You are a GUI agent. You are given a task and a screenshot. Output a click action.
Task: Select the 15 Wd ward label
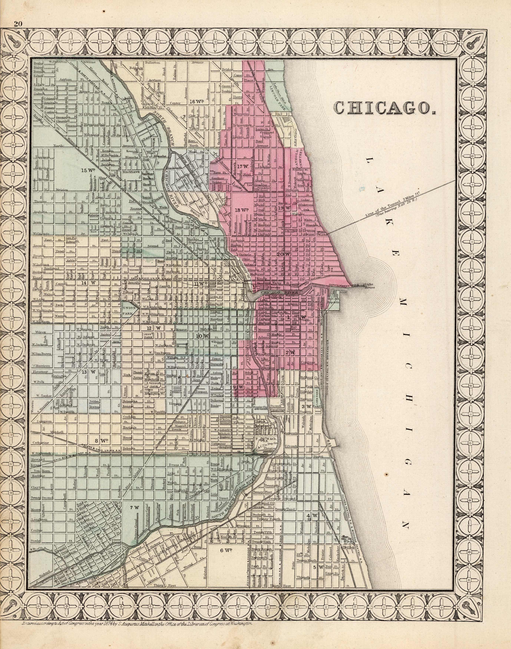tap(87, 170)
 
